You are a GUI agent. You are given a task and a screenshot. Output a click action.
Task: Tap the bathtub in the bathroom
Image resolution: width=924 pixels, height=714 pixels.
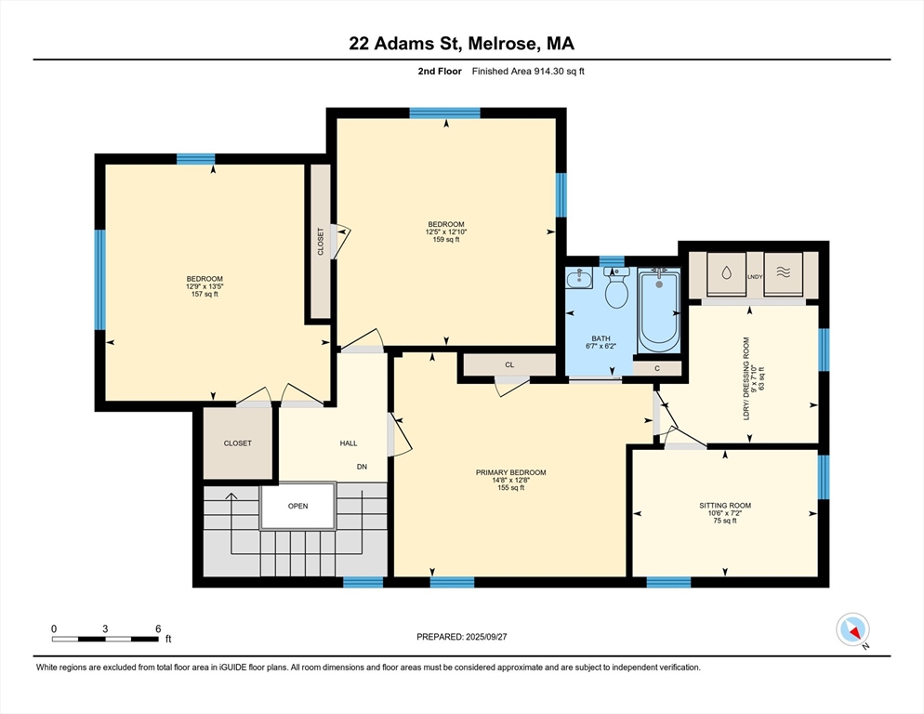pos(659,311)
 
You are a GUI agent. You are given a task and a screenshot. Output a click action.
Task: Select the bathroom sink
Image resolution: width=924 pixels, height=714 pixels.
pos(579,278)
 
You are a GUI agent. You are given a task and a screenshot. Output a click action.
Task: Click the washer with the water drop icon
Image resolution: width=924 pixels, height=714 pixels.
pos(726,273)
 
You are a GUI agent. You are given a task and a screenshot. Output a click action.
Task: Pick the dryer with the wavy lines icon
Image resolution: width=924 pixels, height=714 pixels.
pos(783,273)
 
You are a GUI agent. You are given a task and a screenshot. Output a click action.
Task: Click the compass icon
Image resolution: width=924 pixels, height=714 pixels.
pos(852,629)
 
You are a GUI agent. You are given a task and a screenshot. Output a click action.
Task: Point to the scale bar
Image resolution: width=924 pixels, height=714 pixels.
pos(105,639)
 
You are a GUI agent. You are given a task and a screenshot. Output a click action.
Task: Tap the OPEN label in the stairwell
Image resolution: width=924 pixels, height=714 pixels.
pos(298,506)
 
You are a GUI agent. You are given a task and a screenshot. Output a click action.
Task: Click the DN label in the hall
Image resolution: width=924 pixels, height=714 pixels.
pos(362,467)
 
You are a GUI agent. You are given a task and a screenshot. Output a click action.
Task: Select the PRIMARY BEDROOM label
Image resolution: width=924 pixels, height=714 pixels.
pos(511,472)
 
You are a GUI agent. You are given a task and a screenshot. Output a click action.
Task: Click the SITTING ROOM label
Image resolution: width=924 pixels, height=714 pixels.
pos(725,505)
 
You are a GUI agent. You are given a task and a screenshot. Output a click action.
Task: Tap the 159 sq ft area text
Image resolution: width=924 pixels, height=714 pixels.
pos(446,239)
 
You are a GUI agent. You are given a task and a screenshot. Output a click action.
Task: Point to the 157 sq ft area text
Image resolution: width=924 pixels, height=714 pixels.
pos(205,294)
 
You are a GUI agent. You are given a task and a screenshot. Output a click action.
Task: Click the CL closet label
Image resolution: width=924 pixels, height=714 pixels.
pos(509,365)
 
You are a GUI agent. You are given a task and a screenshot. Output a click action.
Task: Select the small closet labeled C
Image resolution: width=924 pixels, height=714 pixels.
pos(657,368)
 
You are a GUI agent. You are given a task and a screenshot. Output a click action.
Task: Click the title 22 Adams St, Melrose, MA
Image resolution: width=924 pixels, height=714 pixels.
pos(461,44)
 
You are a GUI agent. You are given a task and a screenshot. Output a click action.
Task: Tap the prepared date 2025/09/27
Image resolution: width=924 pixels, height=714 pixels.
pos(486,637)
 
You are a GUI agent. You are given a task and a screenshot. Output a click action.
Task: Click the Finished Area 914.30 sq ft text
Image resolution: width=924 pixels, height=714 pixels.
pos(528,72)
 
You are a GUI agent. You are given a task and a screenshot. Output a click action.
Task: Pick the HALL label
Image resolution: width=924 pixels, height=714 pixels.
pos(349,443)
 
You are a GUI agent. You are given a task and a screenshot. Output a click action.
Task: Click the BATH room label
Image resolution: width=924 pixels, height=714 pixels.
pos(601,338)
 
